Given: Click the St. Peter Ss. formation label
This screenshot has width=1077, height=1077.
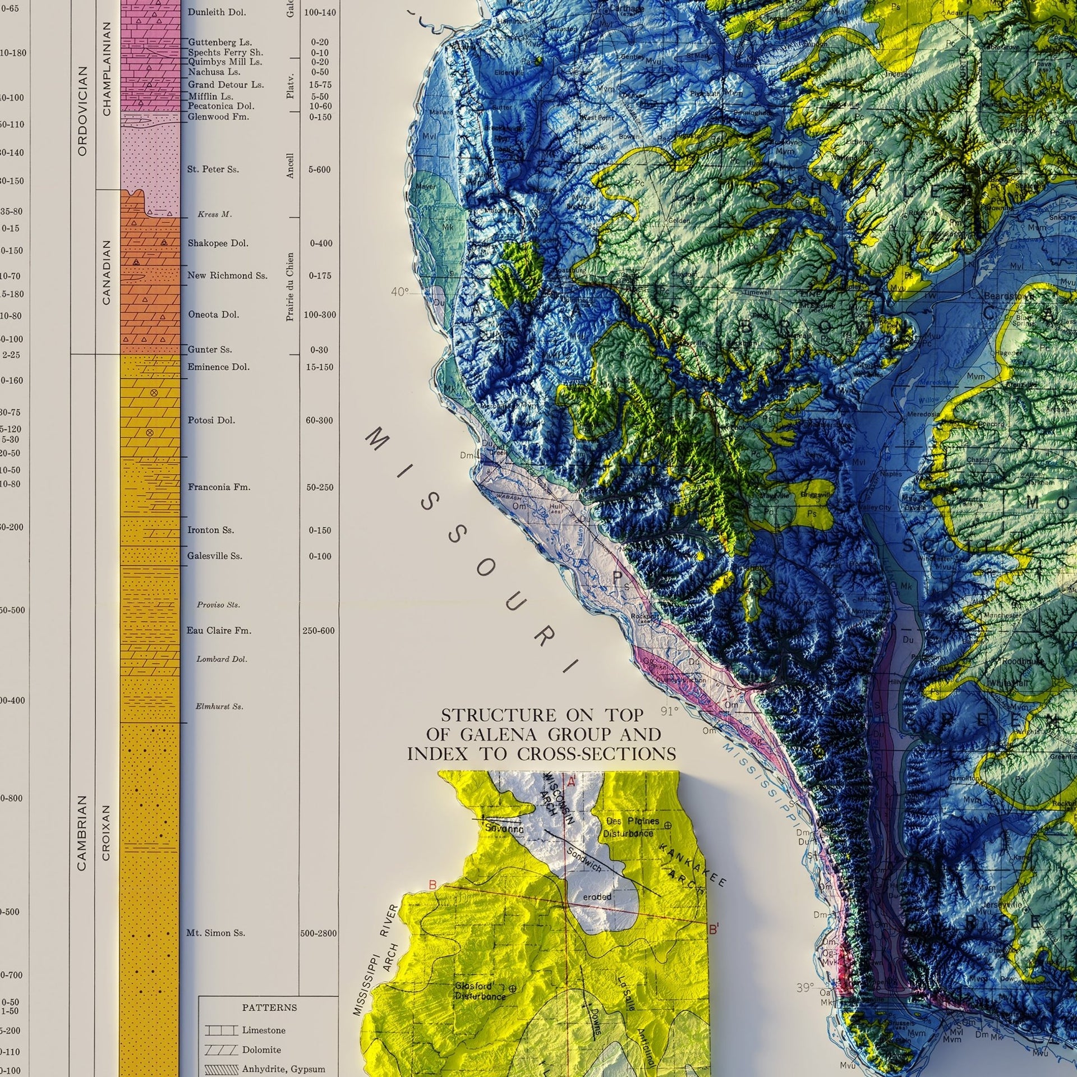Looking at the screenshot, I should [x=213, y=169].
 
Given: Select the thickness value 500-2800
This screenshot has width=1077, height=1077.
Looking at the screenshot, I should [x=318, y=933].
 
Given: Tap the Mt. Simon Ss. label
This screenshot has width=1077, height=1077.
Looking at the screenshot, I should [x=215, y=933].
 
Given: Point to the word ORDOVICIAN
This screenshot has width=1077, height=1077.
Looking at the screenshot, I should [x=83, y=111].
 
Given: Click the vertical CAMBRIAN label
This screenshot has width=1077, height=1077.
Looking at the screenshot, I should [x=82, y=832].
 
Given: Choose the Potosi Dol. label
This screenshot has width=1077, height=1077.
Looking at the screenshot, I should [x=211, y=420].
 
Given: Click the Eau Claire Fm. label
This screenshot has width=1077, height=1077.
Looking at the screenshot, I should [x=219, y=630].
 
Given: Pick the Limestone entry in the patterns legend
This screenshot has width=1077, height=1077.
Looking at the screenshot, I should [x=264, y=1030].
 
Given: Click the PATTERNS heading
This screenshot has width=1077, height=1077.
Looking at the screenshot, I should [x=269, y=1007].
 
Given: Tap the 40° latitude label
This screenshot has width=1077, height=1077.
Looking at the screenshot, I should [x=400, y=292].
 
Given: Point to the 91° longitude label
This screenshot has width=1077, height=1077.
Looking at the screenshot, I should [x=669, y=711].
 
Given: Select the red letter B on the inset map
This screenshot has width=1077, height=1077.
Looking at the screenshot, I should [x=432, y=885].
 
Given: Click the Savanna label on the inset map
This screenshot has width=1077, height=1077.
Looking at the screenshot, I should [x=504, y=828].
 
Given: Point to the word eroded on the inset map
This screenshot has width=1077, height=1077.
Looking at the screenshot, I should [x=597, y=896].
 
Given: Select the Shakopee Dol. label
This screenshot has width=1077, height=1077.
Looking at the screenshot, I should [x=218, y=243].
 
